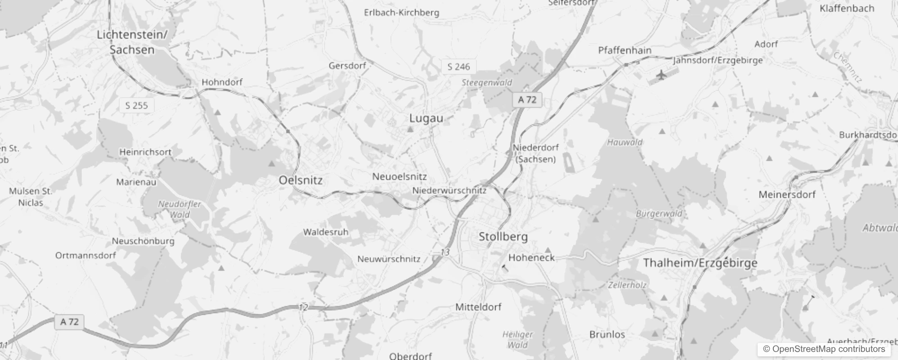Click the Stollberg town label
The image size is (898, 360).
pyautogui.click(x=503, y=236)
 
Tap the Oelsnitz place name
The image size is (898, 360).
pyautogui.click(x=301, y=180)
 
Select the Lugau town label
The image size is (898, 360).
pyautogui.click(x=426, y=118)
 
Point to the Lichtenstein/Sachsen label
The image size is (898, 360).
pyautogui.click(x=132, y=42)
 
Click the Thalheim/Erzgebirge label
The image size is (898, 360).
pyautogui.click(x=700, y=263)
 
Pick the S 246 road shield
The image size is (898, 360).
pyautogui.click(x=458, y=67)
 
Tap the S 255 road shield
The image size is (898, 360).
pyautogui.click(x=136, y=106)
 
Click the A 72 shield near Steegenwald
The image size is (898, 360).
pyautogui.click(x=527, y=99)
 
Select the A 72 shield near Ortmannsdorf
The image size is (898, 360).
pyautogui.click(x=69, y=322)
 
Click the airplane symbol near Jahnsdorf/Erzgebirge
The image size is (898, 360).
pyautogui.click(x=661, y=75)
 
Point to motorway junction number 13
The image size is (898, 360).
pyautogui.click(x=445, y=252)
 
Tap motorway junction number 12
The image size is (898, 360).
pyautogui.click(x=303, y=308)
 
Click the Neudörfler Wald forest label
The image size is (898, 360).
pyautogui.click(x=180, y=209)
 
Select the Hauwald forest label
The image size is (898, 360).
pyautogui.click(x=625, y=143)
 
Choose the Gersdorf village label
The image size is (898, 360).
pyautogui.click(x=347, y=66)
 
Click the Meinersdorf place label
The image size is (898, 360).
pyautogui.click(x=787, y=195)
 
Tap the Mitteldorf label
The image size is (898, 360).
pyautogui.click(x=478, y=307)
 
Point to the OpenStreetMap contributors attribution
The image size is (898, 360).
pyautogui.click(x=824, y=349)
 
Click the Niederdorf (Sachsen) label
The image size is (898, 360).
pyautogui.click(x=535, y=153)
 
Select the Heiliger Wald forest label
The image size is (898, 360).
pyautogui.click(x=517, y=340)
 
